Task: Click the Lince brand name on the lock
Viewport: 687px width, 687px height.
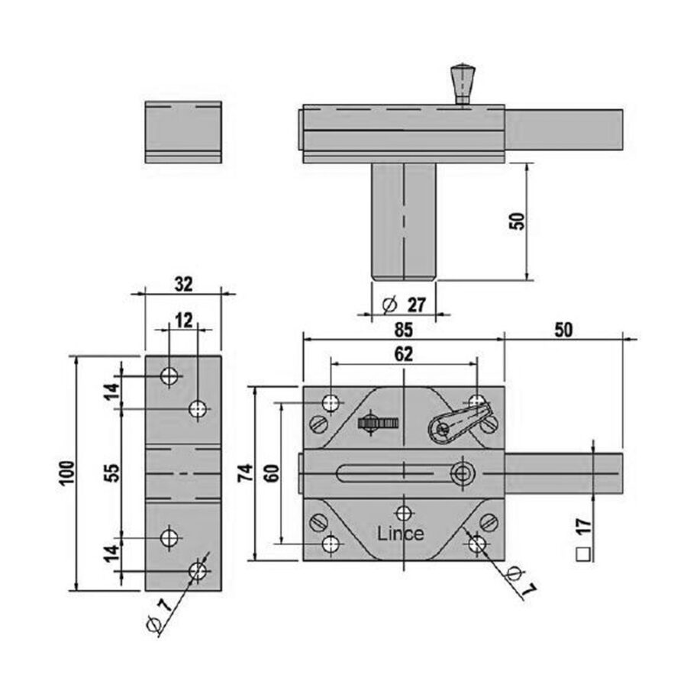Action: coord(401,534)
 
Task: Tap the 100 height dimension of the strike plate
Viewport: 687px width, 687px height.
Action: coord(67,473)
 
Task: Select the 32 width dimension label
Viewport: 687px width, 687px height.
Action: coord(183,285)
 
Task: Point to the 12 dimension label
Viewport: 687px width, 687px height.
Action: coord(183,321)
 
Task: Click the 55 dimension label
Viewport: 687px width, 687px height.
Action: coord(113,473)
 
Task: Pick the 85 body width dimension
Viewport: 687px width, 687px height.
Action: coord(403,330)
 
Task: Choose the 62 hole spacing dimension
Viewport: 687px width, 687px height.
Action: coord(403,354)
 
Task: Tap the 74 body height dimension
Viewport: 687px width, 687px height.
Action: coord(246,473)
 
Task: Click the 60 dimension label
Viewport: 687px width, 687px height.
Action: coord(272,473)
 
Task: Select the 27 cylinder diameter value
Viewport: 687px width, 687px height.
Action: coord(416,305)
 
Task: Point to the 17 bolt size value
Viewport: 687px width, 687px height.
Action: coord(584,526)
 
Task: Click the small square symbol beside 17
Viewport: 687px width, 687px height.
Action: coord(583,554)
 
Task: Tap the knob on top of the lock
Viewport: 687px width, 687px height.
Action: coord(463,84)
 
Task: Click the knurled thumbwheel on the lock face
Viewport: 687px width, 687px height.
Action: coord(378,423)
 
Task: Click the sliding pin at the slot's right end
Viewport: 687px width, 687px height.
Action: coord(461,473)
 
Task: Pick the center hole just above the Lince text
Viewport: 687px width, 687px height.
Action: coord(404,513)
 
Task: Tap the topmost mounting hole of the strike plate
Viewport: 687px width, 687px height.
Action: coord(169,376)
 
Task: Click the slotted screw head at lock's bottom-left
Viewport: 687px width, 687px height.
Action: coord(319,522)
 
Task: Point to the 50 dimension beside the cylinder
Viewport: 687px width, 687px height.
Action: coord(517,221)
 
